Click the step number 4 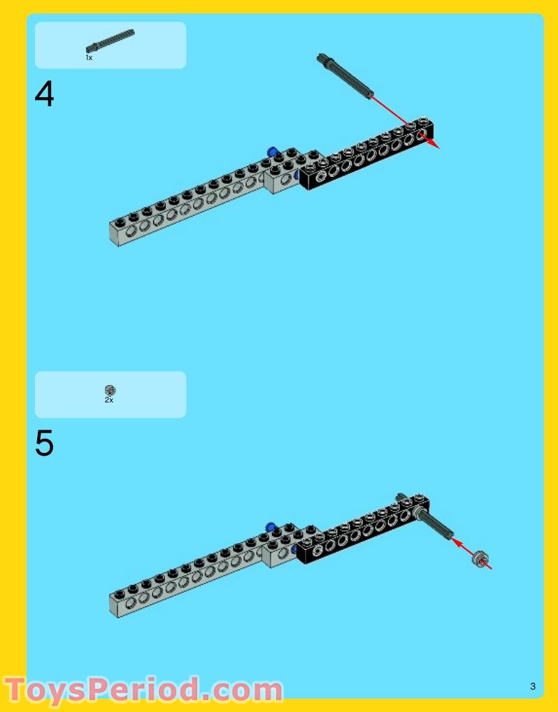click(44, 95)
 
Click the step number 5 click(44, 444)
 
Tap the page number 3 click(533, 686)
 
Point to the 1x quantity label click(89, 58)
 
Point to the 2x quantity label click(109, 400)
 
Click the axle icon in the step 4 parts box click(110, 41)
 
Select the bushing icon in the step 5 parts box click(110, 390)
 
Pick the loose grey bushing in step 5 click(480, 558)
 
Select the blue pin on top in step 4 click(272, 151)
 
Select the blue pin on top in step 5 click(271, 525)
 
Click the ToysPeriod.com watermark click(143, 690)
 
